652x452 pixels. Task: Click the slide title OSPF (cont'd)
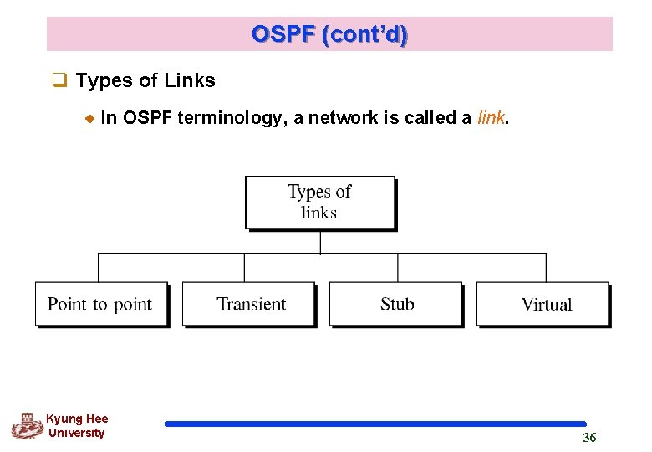pyautogui.click(x=329, y=34)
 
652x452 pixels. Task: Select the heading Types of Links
pyautogui.click(x=145, y=81)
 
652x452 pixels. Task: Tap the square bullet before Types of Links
pyautogui.click(x=59, y=81)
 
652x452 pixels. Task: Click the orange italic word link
pyautogui.click(x=491, y=118)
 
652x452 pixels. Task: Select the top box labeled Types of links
pyautogui.click(x=319, y=202)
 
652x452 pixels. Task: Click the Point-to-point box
pyautogui.click(x=100, y=304)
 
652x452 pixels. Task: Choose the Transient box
pyautogui.click(x=249, y=304)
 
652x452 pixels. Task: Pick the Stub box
pyautogui.click(x=396, y=304)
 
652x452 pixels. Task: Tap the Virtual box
pyautogui.click(x=544, y=304)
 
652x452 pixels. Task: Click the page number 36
pyautogui.click(x=589, y=438)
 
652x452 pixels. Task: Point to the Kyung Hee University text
pyautogui.click(x=76, y=426)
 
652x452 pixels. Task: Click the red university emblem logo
pyautogui.click(x=27, y=427)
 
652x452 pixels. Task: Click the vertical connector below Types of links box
pyautogui.click(x=320, y=242)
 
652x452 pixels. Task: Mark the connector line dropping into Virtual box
pyautogui.click(x=546, y=268)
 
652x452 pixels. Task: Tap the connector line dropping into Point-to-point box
pyautogui.click(x=99, y=268)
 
